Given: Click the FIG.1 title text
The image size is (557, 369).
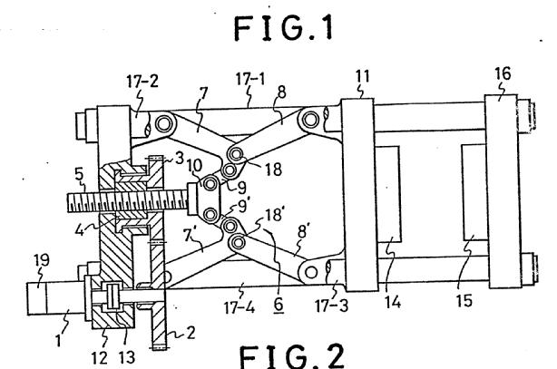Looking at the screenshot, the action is [x=284, y=28].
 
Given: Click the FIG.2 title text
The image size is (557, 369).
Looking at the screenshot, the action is [x=292, y=356].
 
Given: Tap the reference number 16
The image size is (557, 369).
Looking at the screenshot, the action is [x=503, y=73].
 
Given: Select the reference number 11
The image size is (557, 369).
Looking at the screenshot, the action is [x=362, y=76].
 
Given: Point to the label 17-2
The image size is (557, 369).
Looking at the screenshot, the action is [x=142, y=82].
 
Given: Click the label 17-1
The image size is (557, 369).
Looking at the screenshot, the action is [x=250, y=79].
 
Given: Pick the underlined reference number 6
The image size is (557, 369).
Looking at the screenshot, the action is [x=278, y=305].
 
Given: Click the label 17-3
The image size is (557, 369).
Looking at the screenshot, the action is [x=332, y=306].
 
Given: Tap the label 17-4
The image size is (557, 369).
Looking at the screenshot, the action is [x=239, y=307].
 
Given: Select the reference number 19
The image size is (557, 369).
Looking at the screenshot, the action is [x=41, y=260].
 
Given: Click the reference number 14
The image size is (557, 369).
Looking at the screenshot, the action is [x=393, y=303].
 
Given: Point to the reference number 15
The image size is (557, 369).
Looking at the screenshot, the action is [x=464, y=301].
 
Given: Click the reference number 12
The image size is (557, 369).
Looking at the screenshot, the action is [x=100, y=357].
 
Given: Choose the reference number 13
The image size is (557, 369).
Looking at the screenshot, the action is [x=126, y=357].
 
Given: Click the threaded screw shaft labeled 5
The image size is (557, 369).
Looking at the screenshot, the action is [x=128, y=201].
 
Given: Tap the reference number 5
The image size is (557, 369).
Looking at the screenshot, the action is [x=79, y=174].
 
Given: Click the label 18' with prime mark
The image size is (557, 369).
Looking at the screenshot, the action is [x=274, y=215].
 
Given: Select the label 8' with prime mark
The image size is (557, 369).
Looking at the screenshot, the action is [x=302, y=232].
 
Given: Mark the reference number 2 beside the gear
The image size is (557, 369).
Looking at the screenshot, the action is [x=191, y=333].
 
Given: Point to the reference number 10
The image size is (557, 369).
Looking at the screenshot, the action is [x=194, y=166].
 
